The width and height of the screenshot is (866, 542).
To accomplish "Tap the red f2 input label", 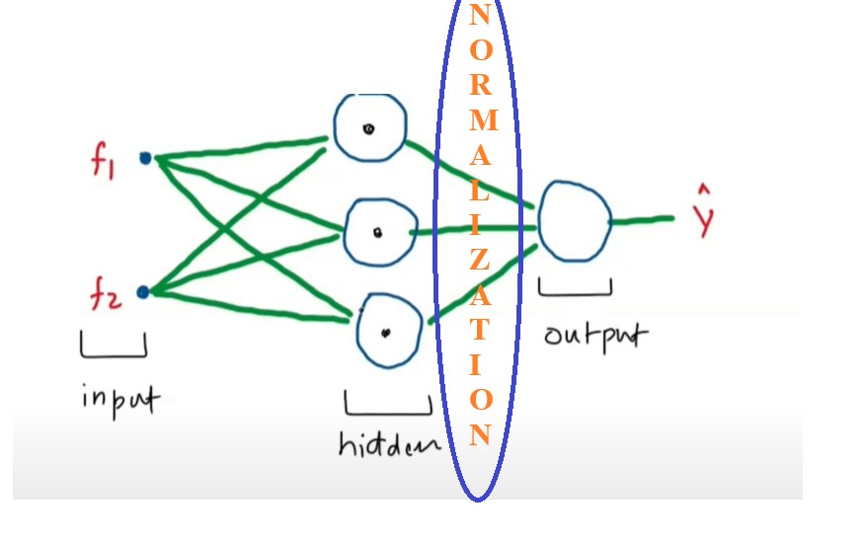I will pyautogui.click(x=106, y=294).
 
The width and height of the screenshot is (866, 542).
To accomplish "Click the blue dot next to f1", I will pyautogui.click(x=145, y=157).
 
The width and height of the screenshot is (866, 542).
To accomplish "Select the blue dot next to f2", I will pyautogui.click(x=143, y=291).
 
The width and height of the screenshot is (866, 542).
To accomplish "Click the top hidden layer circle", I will pyautogui.click(x=368, y=127).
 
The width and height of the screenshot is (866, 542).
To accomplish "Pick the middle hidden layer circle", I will pyautogui.click(x=377, y=232).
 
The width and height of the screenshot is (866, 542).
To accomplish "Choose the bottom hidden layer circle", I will pyautogui.click(x=386, y=331).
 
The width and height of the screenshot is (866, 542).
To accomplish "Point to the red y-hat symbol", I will pyautogui.click(x=703, y=215).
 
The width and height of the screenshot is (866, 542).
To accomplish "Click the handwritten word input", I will pyautogui.click(x=120, y=400).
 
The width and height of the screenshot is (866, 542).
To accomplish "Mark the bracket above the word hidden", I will pyautogui.click(x=387, y=406).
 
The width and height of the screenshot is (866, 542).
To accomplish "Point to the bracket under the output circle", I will pyautogui.click(x=575, y=288).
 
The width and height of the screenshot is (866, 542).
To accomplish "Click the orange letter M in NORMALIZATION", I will pyautogui.click(x=481, y=119).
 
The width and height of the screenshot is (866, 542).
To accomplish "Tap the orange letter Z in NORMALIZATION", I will pyautogui.click(x=479, y=260).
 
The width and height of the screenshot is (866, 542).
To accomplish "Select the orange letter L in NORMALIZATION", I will pyautogui.click(x=479, y=191).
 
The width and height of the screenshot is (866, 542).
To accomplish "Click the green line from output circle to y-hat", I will pyautogui.click(x=642, y=220).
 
